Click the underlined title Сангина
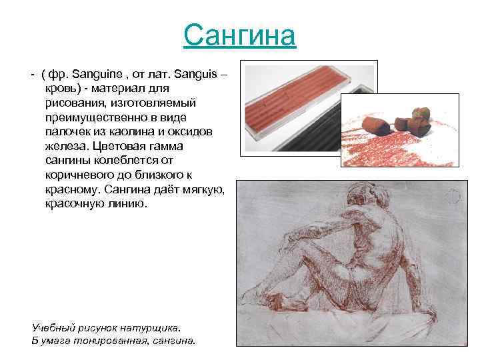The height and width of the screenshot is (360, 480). click(239, 35)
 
